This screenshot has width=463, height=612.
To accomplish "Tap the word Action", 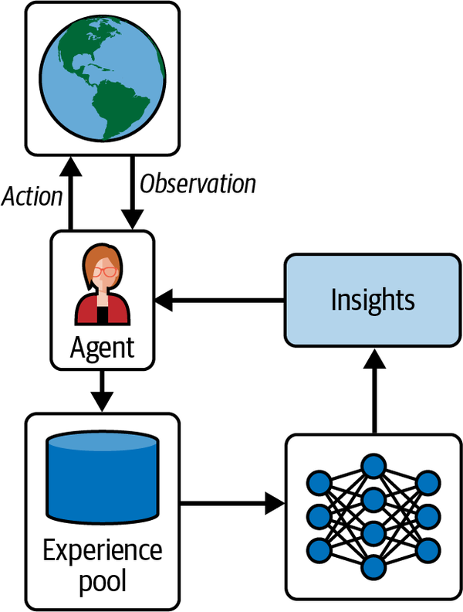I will point(32,196).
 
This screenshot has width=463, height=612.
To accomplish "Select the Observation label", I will point(198,184).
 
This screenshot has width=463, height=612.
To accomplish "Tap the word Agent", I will point(102,347).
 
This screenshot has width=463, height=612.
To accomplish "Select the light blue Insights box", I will point(373,300).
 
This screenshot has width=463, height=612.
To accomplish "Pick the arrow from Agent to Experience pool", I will point(102,390).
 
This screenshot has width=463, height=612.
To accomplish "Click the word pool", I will point(102,580).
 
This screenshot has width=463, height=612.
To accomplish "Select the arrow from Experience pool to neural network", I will point(231,506).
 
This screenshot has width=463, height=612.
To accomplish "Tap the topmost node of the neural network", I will point(373,466).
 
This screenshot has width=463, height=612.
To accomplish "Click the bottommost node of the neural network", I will point(373,566).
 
